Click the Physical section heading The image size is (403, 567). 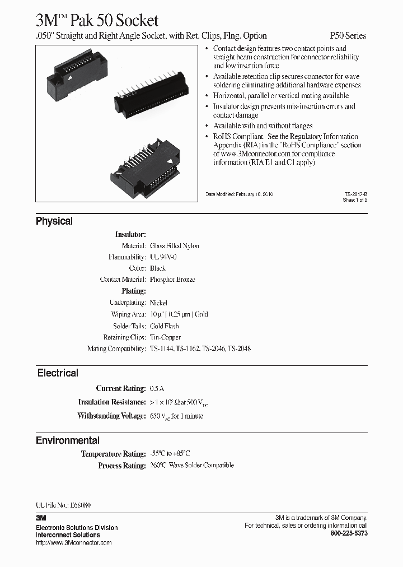[x=54, y=221]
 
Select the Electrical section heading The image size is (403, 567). [x=58, y=373]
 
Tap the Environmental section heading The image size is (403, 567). [x=68, y=440]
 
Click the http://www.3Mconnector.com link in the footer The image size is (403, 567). [x=73, y=542]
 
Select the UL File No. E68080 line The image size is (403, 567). [x=63, y=505]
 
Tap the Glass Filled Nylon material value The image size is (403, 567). [x=175, y=246]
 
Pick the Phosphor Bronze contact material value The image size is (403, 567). [x=172, y=280]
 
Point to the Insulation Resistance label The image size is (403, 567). [x=112, y=402]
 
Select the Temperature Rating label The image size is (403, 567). [x=114, y=454]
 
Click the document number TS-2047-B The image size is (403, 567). [x=355, y=194]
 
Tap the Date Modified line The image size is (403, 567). [x=240, y=194]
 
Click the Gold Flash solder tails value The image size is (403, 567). [x=165, y=326]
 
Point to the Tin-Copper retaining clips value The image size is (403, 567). [x=166, y=337]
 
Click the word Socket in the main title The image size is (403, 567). [x=134, y=21]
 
